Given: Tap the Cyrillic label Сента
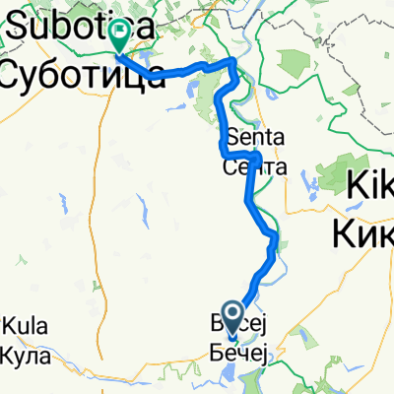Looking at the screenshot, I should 255,167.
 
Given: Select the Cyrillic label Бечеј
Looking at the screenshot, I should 239,351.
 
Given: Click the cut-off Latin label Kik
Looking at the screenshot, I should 369,184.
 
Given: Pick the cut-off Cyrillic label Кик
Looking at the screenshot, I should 364,233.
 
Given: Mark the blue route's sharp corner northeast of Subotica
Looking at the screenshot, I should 233,62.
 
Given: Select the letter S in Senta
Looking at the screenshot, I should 232,137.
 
